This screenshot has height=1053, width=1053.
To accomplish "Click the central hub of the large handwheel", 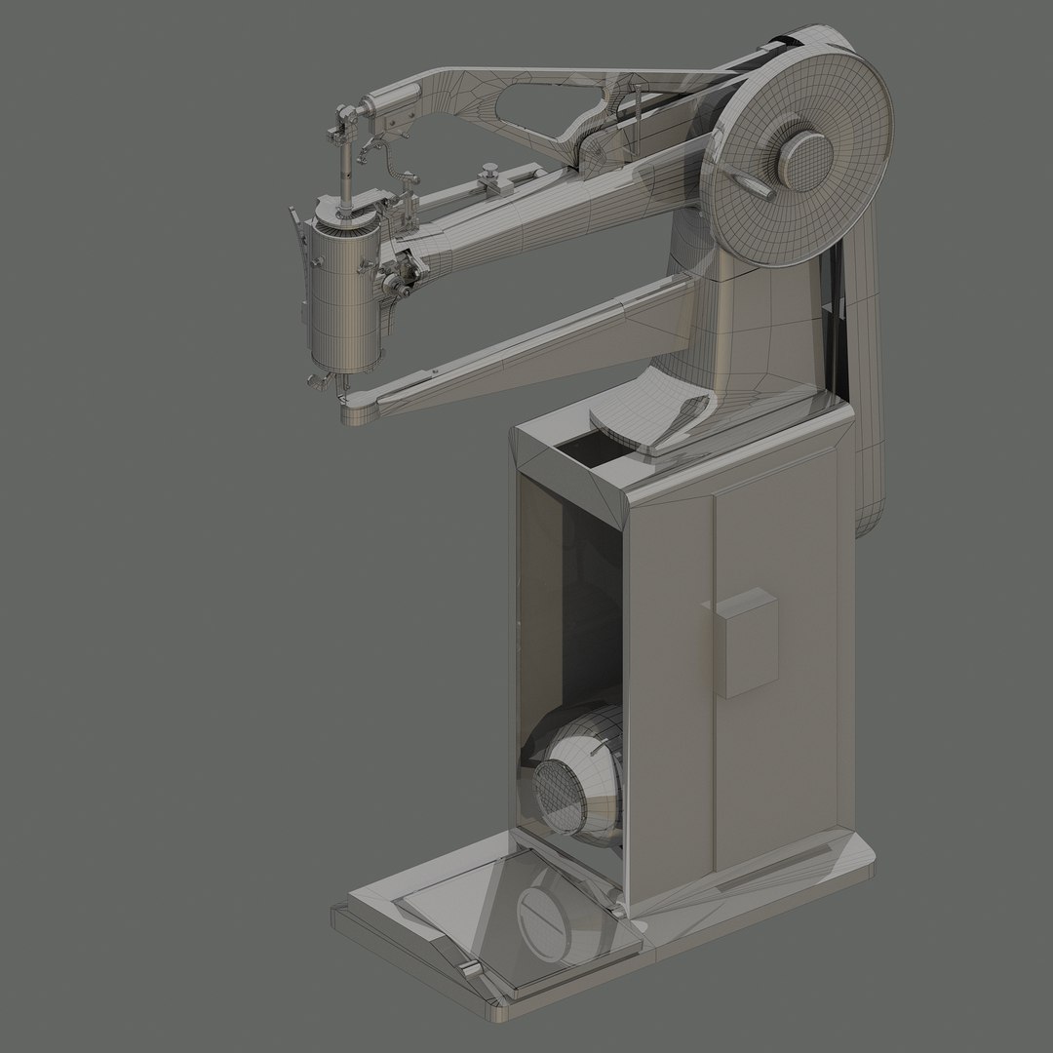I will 805,157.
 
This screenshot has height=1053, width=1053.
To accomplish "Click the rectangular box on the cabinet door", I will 746,643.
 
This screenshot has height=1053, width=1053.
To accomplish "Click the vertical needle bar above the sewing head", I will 345,166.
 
